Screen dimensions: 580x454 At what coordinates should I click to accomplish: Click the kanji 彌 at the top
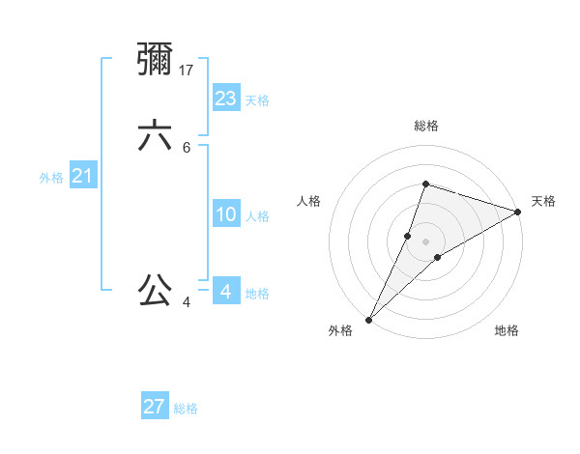(156, 60)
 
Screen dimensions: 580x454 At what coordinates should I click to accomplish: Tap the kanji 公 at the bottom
(156, 289)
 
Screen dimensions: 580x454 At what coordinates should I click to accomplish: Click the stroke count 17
(188, 70)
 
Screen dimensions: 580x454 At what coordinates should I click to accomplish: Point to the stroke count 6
(187, 148)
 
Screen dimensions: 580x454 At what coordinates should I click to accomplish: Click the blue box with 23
(226, 99)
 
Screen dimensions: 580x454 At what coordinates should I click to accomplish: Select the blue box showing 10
(226, 214)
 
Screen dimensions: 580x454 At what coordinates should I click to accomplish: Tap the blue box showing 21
(83, 176)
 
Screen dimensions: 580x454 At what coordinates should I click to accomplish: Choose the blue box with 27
(155, 407)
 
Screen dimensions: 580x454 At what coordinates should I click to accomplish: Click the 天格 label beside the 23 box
(257, 100)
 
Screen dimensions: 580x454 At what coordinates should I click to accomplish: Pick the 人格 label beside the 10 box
(257, 216)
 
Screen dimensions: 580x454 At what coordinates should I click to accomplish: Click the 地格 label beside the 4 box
(257, 294)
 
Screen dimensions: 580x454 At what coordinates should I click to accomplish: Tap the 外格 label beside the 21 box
(51, 178)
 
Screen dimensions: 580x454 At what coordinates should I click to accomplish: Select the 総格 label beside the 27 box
(186, 409)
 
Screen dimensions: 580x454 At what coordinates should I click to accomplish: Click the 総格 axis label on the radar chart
(426, 126)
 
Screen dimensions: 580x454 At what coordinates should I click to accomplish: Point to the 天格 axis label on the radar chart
(543, 201)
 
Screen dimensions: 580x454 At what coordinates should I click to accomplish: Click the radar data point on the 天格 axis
(517, 212)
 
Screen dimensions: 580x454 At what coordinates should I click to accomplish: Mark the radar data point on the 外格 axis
(369, 319)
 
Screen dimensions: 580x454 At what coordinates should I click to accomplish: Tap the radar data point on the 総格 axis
(425, 184)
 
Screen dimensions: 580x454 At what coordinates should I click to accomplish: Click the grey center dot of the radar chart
(425, 241)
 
